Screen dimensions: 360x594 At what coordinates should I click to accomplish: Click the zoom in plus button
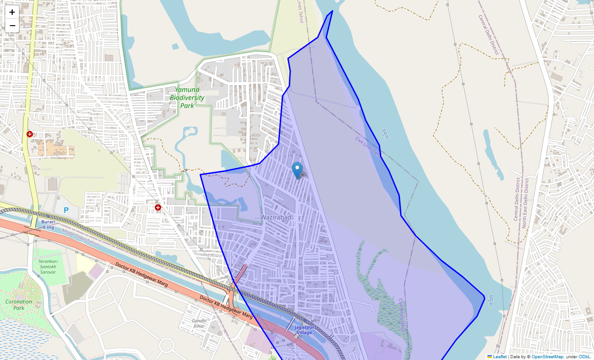click(12, 12)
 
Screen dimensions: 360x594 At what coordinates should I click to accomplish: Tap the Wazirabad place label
click(276, 217)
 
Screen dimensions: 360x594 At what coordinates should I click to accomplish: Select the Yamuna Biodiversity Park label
click(187, 98)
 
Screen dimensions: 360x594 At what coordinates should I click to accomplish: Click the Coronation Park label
click(18, 305)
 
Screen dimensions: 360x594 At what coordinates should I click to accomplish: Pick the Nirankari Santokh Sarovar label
click(47, 266)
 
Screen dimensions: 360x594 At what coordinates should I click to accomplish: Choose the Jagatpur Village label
click(303, 330)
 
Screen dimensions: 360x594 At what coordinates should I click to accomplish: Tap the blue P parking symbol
click(66, 210)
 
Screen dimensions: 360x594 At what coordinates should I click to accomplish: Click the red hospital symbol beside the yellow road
click(30, 134)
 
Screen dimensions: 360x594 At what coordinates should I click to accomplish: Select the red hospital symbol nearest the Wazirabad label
click(158, 207)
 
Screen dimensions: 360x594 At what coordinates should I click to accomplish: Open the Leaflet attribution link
click(499, 356)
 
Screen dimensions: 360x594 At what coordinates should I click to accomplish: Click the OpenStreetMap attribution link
click(547, 356)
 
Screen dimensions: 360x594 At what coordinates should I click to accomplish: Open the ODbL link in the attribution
click(584, 356)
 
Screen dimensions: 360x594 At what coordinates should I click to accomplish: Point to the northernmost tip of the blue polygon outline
click(332, 11)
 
